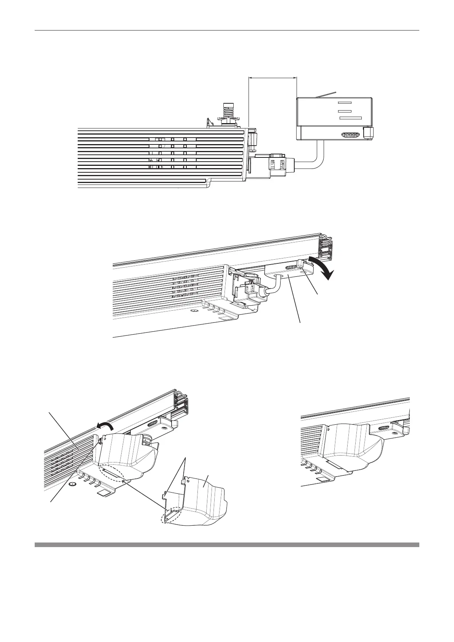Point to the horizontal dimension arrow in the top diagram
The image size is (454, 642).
pos(272,78)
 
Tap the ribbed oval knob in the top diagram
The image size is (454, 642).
pos(350,135)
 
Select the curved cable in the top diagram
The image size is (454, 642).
pos(315,158)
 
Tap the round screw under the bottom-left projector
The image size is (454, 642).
pos(73,485)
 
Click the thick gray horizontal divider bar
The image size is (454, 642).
pos(227,545)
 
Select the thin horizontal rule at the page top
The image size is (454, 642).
pos(227,30)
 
